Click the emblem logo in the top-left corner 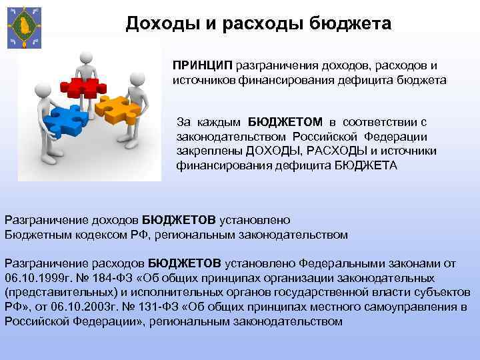pyautogui.click(x=23, y=27)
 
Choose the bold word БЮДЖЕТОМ pyautogui.click(x=287, y=122)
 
